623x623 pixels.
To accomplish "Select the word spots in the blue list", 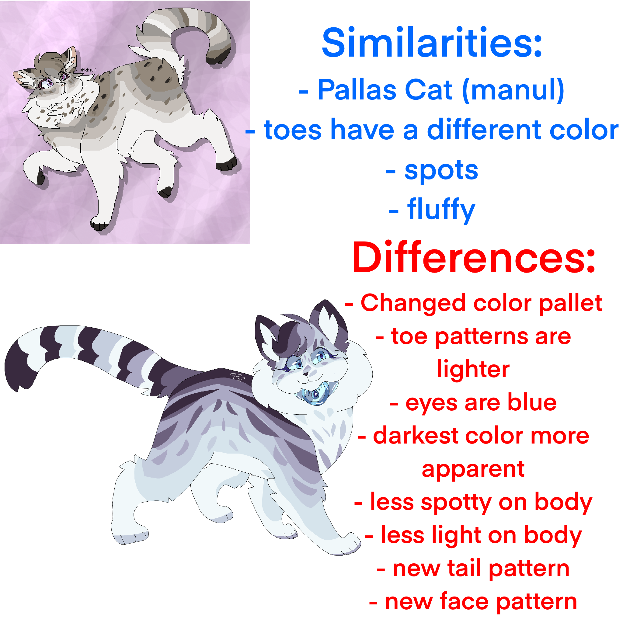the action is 441,171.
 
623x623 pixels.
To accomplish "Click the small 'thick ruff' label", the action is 88,70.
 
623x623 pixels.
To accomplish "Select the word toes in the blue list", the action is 292,130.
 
